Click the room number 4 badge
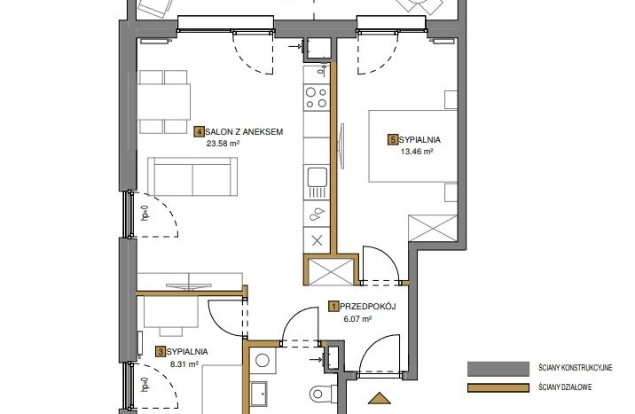[x=200, y=131]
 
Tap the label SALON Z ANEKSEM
[x=244, y=131]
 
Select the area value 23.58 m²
[x=223, y=143]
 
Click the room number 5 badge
[x=393, y=139]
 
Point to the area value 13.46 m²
[x=417, y=152]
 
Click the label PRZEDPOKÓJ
[x=368, y=307]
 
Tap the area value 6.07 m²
[x=357, y=318]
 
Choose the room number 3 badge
[x=161, y=352]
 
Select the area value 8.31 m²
[x=184, y=363]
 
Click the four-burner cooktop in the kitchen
[x=317, y=98]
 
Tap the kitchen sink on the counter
[x=317, y=183]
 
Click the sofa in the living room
[x=192, y=176]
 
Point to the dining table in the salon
[x=164, y=102]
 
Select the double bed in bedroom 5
[x=413, y=145]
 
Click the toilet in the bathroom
[x=324, y=394]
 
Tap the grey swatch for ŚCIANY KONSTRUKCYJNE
[x=498, y=369]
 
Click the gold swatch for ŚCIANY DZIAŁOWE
[x=498, y=387]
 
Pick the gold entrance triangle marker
[x=380, y=399]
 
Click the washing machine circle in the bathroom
[x=263, y=361]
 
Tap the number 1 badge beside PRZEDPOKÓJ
[x=333, y=307]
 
